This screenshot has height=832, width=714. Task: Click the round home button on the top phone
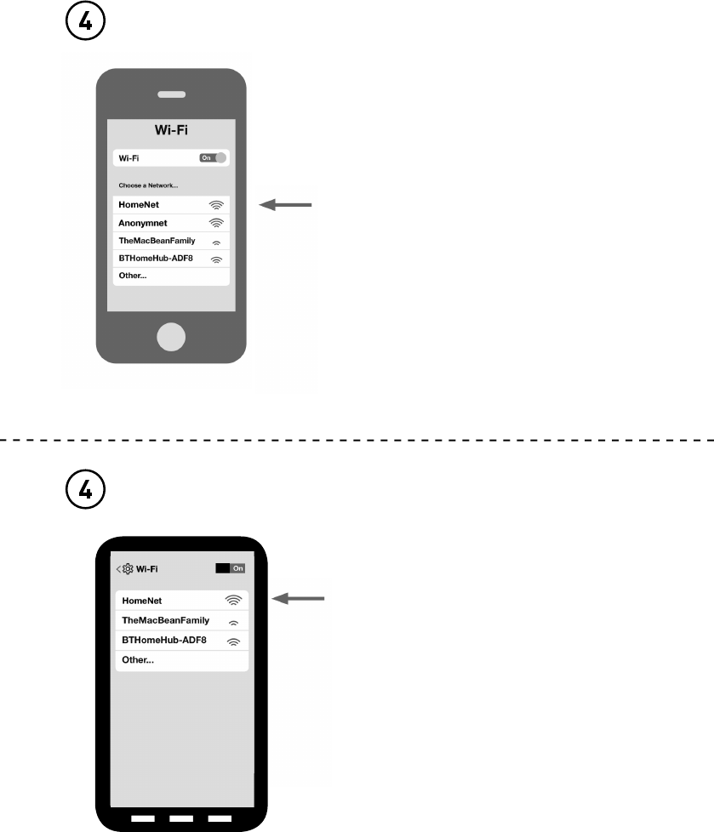[x=172, y=337]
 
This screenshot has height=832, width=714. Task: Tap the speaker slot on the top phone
[x=172, y=94]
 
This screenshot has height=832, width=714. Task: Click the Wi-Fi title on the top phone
[x=171, y=131]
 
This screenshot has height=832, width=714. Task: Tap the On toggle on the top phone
[x=214, y=157]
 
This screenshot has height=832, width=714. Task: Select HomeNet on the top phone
[x=139, y=205]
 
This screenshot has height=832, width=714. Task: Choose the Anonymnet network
[x=144, y=223]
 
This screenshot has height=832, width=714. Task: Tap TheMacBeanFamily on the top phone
[x=151, y=241]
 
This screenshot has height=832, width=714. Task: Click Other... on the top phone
[x=133, y=276]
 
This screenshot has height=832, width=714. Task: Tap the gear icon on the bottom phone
[x=128, y=568]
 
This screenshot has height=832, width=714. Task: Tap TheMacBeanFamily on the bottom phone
[x=165, y=620]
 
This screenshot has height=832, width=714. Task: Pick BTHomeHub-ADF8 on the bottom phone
[x=163, y=641]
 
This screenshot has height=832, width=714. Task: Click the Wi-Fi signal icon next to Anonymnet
[x=216, y=223]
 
